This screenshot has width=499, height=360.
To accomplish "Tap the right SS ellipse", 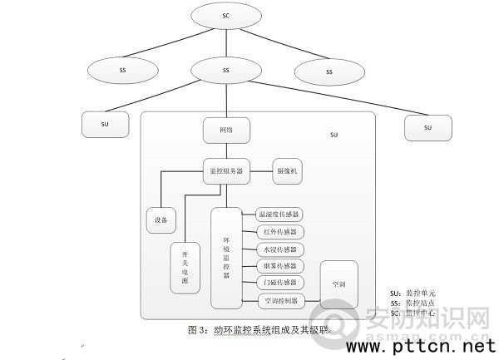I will pos(329,72).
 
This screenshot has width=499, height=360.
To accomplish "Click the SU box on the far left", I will pos(105,124).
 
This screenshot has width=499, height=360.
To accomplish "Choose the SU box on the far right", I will pos(428,127).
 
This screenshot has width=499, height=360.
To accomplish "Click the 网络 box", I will pos(226,131).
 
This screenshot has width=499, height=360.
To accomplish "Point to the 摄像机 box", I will pos(287,171).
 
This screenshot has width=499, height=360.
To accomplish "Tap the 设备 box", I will pos(161,220).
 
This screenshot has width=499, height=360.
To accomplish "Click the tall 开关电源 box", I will pos(185,269).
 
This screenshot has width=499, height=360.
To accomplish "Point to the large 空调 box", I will pos(338,284).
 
